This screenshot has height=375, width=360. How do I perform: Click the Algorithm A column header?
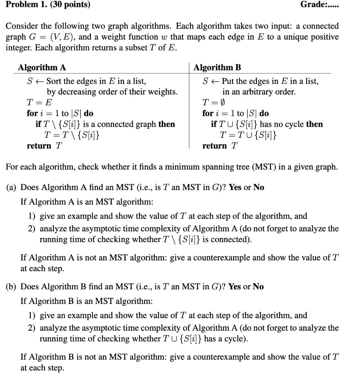click(42, 67)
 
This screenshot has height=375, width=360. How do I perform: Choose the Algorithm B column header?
click(217, 67)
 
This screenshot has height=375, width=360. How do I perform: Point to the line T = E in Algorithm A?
click(35, 103)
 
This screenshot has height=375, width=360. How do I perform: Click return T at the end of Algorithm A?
click(44, 146)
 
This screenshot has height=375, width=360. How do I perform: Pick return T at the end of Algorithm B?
click(220, 146)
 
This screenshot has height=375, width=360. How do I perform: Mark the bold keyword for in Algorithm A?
click(32, 114)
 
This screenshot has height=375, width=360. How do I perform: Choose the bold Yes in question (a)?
click(235, 187)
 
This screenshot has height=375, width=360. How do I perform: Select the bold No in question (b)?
click(258, 286)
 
